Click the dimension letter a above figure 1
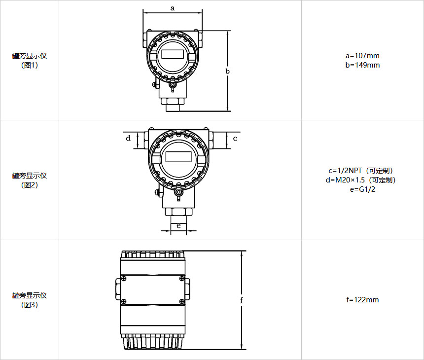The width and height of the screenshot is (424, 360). point(173,8)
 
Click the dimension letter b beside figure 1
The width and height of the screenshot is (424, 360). point(227,71)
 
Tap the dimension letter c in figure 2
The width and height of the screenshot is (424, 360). point(235,139)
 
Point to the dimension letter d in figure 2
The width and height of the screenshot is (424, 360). point(128,138)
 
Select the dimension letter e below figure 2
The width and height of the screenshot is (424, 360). point(178,225)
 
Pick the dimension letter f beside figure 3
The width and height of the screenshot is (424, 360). point(242,300)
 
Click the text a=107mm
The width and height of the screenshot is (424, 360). point(362,56)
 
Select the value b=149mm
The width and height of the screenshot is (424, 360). point(362,65)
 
